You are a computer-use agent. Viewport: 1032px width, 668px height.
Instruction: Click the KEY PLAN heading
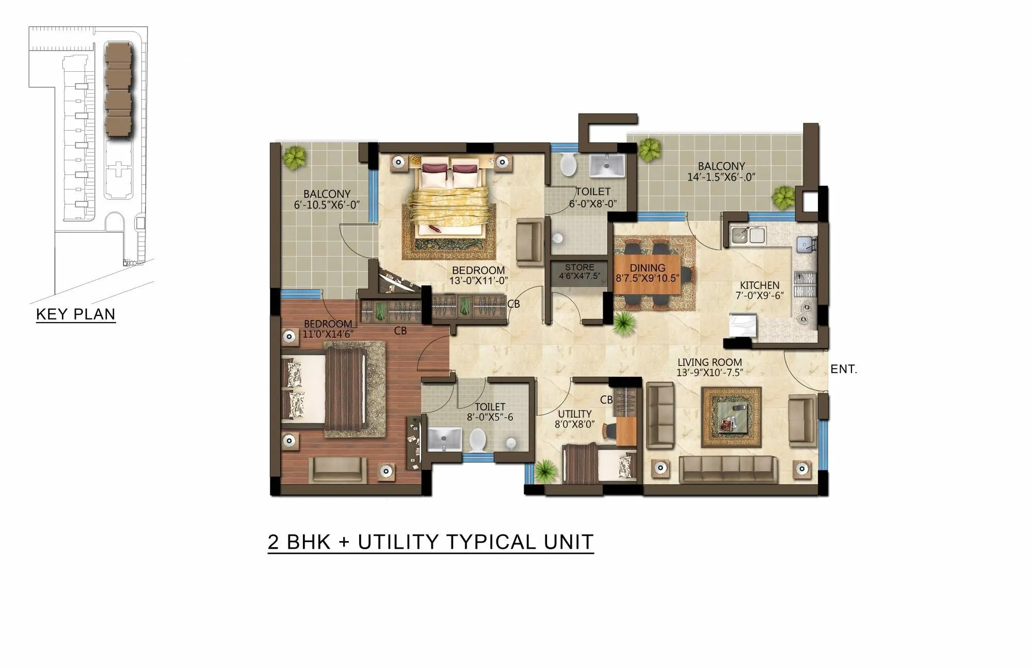[75, 314]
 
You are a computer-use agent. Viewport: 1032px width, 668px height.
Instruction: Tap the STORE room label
[579, 267]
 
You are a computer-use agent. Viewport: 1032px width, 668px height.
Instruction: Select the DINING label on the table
[647, 268]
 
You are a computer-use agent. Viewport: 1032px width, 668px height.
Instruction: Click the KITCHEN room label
[759, 285]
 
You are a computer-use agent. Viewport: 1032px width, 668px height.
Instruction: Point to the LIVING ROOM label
[709, 362]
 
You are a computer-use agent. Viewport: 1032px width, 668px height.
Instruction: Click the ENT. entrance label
[843, 369]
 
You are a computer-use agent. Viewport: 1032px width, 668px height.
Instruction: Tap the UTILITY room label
[574, 414]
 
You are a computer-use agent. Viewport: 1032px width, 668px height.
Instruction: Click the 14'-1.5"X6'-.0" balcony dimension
[721, 177]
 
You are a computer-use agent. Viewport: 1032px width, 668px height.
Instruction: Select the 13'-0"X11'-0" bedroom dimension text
[478, 281]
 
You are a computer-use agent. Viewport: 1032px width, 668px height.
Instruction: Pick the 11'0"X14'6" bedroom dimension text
[328, 334]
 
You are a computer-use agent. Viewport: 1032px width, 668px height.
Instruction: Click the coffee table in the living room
[731, 417]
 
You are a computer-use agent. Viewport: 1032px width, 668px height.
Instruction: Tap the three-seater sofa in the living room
[728, 469]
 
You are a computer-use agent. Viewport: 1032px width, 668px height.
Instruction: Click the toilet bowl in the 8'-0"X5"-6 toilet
[478, 440]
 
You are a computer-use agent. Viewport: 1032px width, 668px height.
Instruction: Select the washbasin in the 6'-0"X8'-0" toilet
[607, 165]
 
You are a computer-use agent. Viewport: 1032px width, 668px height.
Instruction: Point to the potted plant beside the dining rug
[624, 323]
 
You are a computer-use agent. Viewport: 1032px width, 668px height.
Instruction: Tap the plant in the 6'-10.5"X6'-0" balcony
[295, 157]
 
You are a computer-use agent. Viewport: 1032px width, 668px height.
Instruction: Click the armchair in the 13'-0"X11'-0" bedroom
[530, 242]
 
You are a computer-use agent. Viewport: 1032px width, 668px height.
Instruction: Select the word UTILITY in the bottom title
[398, 542]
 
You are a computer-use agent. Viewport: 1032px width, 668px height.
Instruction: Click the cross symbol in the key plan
[118, 169]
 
